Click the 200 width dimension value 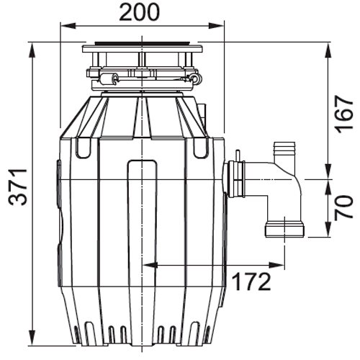(x=139, y=12)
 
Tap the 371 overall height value (x=18, y=187)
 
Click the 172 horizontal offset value (x=252, y=282)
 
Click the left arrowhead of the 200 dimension (x=68, y=26)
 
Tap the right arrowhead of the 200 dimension (x=216, y=26)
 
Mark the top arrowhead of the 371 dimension (x=32, y=50)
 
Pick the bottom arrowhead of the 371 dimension (x=32, y=338)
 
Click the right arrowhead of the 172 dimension (x=276, y=265)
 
